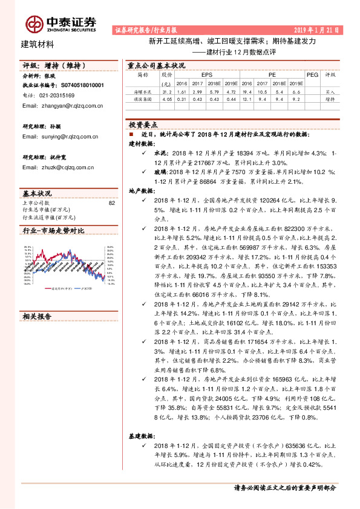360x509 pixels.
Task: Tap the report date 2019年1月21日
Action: (x=316, y=29)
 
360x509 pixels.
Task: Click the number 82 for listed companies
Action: (x=111, y=203)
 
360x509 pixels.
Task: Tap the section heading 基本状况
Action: (x=38, y=193)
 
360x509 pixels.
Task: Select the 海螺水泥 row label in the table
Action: (x=142, y=91)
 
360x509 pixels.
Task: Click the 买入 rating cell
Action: (x=330, y=91)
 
